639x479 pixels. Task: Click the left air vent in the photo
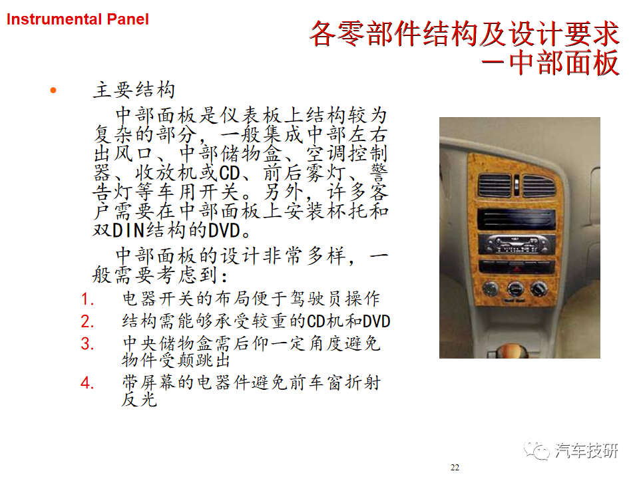[x=495, y=186]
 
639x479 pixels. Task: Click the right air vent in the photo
[x=538, y=186]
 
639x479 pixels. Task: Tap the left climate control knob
[x=491, y=288]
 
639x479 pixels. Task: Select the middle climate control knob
[x=515, y=289]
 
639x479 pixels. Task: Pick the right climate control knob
[x=538, y=289]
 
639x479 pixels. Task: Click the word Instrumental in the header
[x=54, y=19]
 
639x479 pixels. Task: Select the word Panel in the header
[x=128, y=19]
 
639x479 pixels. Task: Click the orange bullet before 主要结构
[x=53, y=90]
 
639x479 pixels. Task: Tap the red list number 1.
[x=87, y=299]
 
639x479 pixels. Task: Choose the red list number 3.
[x=87, y=344]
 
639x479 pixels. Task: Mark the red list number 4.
[x=87, y=383]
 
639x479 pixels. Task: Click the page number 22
[x=455, y=468]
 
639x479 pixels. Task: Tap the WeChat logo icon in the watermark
[x=536, y=450]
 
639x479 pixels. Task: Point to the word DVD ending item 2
[x=376, y=321]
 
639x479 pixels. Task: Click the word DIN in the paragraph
[x=128, y=231]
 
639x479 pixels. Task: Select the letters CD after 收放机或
[x=230, y=173]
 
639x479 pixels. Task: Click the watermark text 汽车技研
[x=586, y=450]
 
